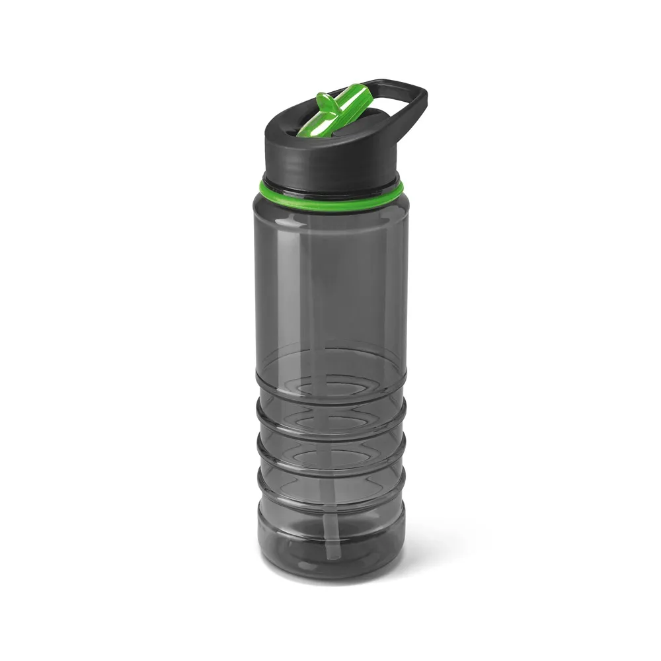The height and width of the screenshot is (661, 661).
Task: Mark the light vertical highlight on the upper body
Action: (x=293, y=278)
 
